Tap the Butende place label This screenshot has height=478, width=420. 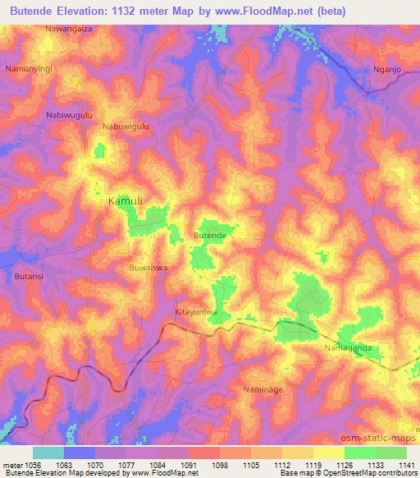point(209,235)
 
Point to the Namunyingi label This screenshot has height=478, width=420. point(29,69)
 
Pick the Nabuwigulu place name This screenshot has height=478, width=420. point(126,126)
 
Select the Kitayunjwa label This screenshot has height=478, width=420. point(197,313)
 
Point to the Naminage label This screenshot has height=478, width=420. point(264,388)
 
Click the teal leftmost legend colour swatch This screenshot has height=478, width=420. point(48,453)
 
